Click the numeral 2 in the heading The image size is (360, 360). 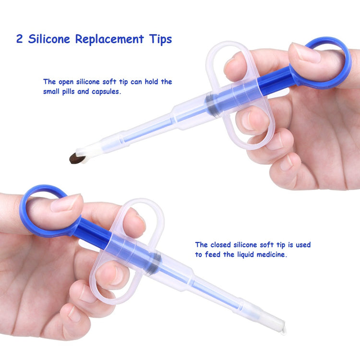pyautogui.click(x=19, y=39)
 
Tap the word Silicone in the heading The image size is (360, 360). pyautogui.click(x=49, y=39)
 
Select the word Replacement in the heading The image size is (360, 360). pyautogui.click(x=109, y=39)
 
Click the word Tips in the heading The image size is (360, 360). pyautogui.click(x=160, y=39)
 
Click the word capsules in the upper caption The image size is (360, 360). pyautogui.click(x=106, y=92)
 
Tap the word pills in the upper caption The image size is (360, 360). pyautogui.click(x=69, y=92)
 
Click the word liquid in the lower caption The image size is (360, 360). pyautogui.click(x=246, y=255)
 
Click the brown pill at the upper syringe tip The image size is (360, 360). pyautogui.click(x=77, y=158)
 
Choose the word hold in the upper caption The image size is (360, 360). pyautogui.click(x=151, y=82)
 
